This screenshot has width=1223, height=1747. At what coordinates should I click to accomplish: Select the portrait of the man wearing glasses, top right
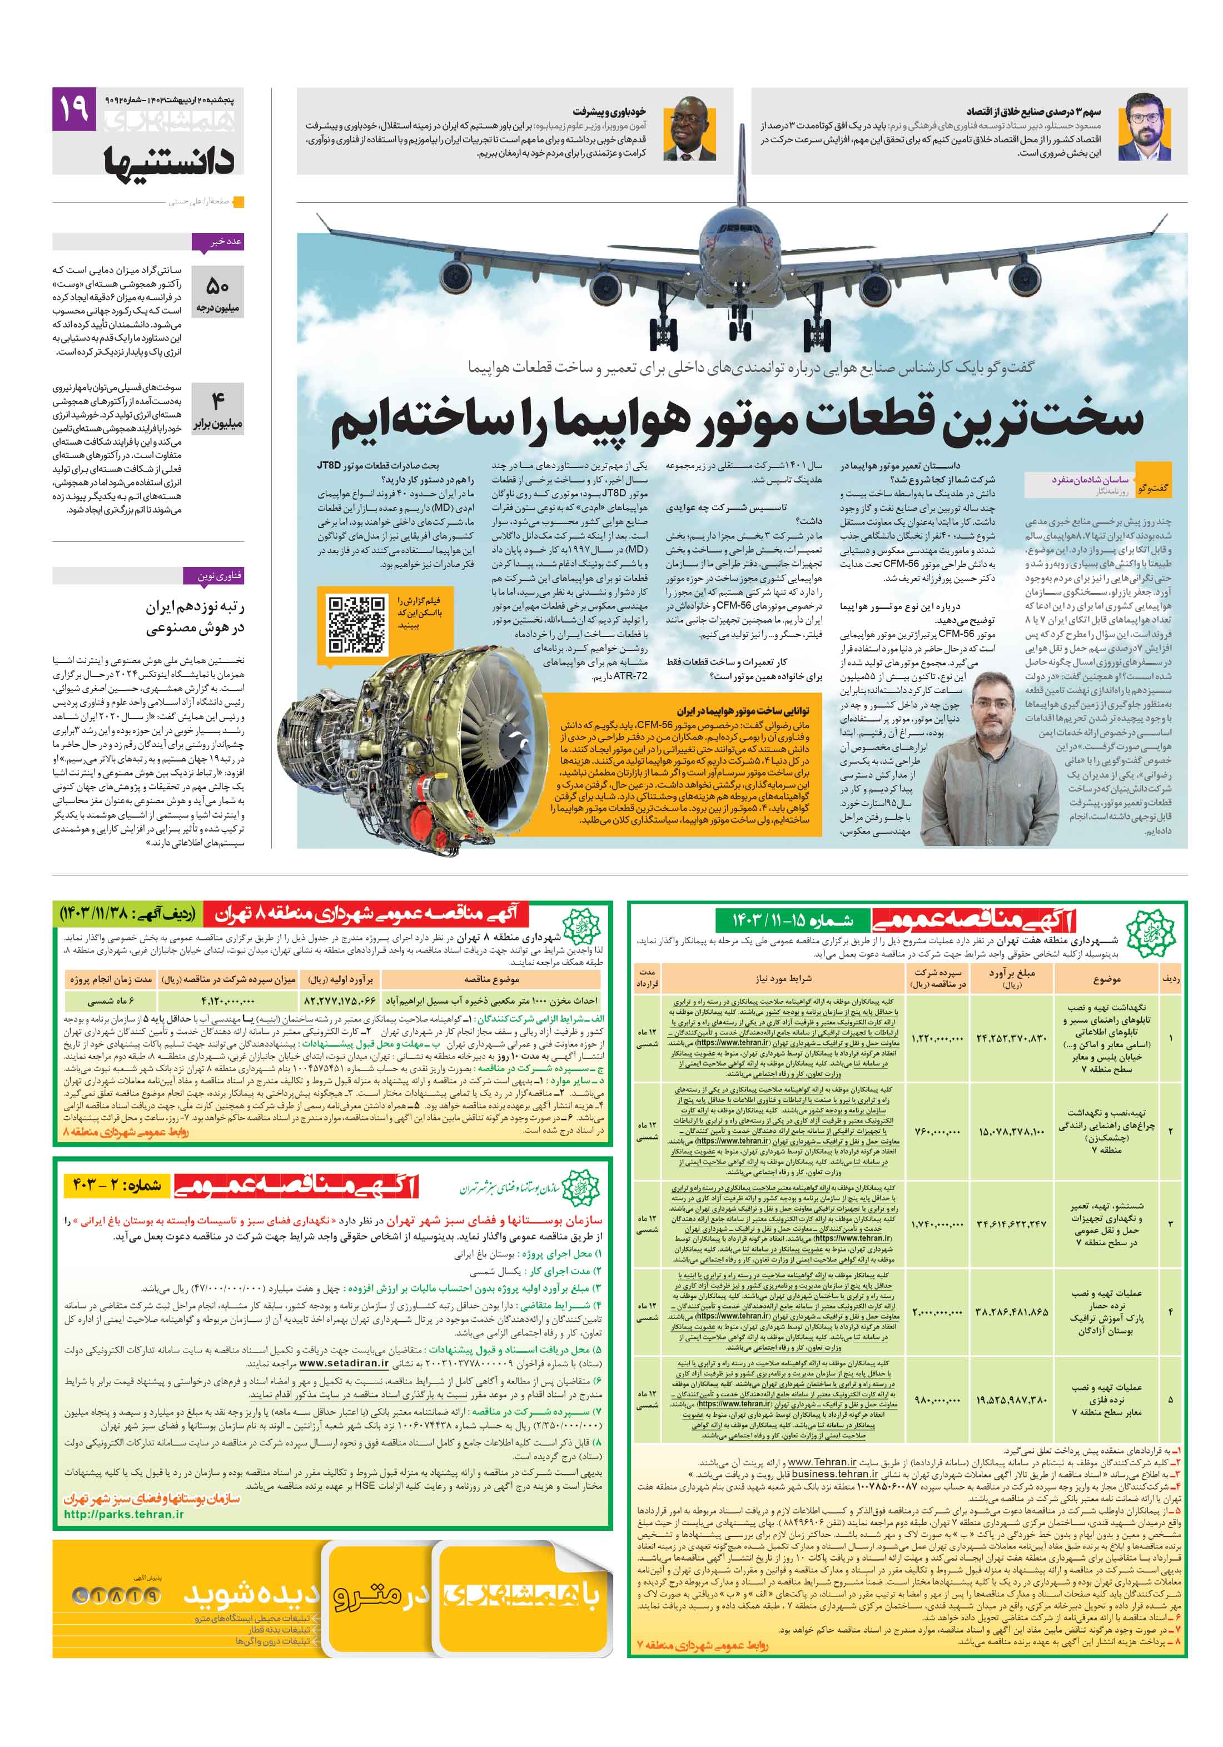pos(1144,127)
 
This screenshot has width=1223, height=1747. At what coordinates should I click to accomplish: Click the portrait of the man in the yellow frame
pos(689,128)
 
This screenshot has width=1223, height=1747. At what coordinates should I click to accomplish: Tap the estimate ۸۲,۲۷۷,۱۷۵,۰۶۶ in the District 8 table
pos(340,1001)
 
